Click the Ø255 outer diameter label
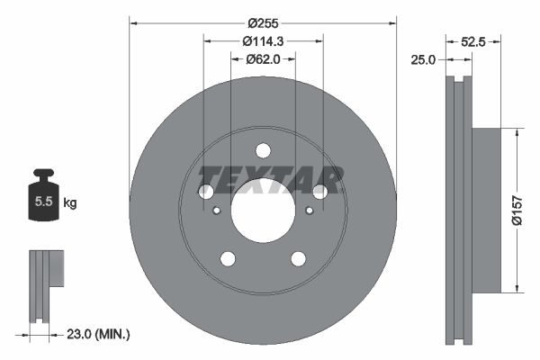tap(263, 23)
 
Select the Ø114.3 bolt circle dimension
tap(263, 41)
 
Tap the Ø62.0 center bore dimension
tap(263, 59)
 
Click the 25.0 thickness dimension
tap(423, 59)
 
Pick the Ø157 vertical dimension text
tap(529, 211)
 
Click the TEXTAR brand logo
tap(270, 180)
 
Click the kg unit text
tap(70, 203)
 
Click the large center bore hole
tap(263, 211)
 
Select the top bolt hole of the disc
tap(263, 150)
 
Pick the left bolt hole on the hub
tap(206, 192)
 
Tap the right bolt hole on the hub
tap(319, 192)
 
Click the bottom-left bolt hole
tap(228, 259)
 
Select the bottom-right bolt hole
tap(298, 259)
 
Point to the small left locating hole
tap(217, 211)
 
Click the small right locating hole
tap(309, 211)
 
